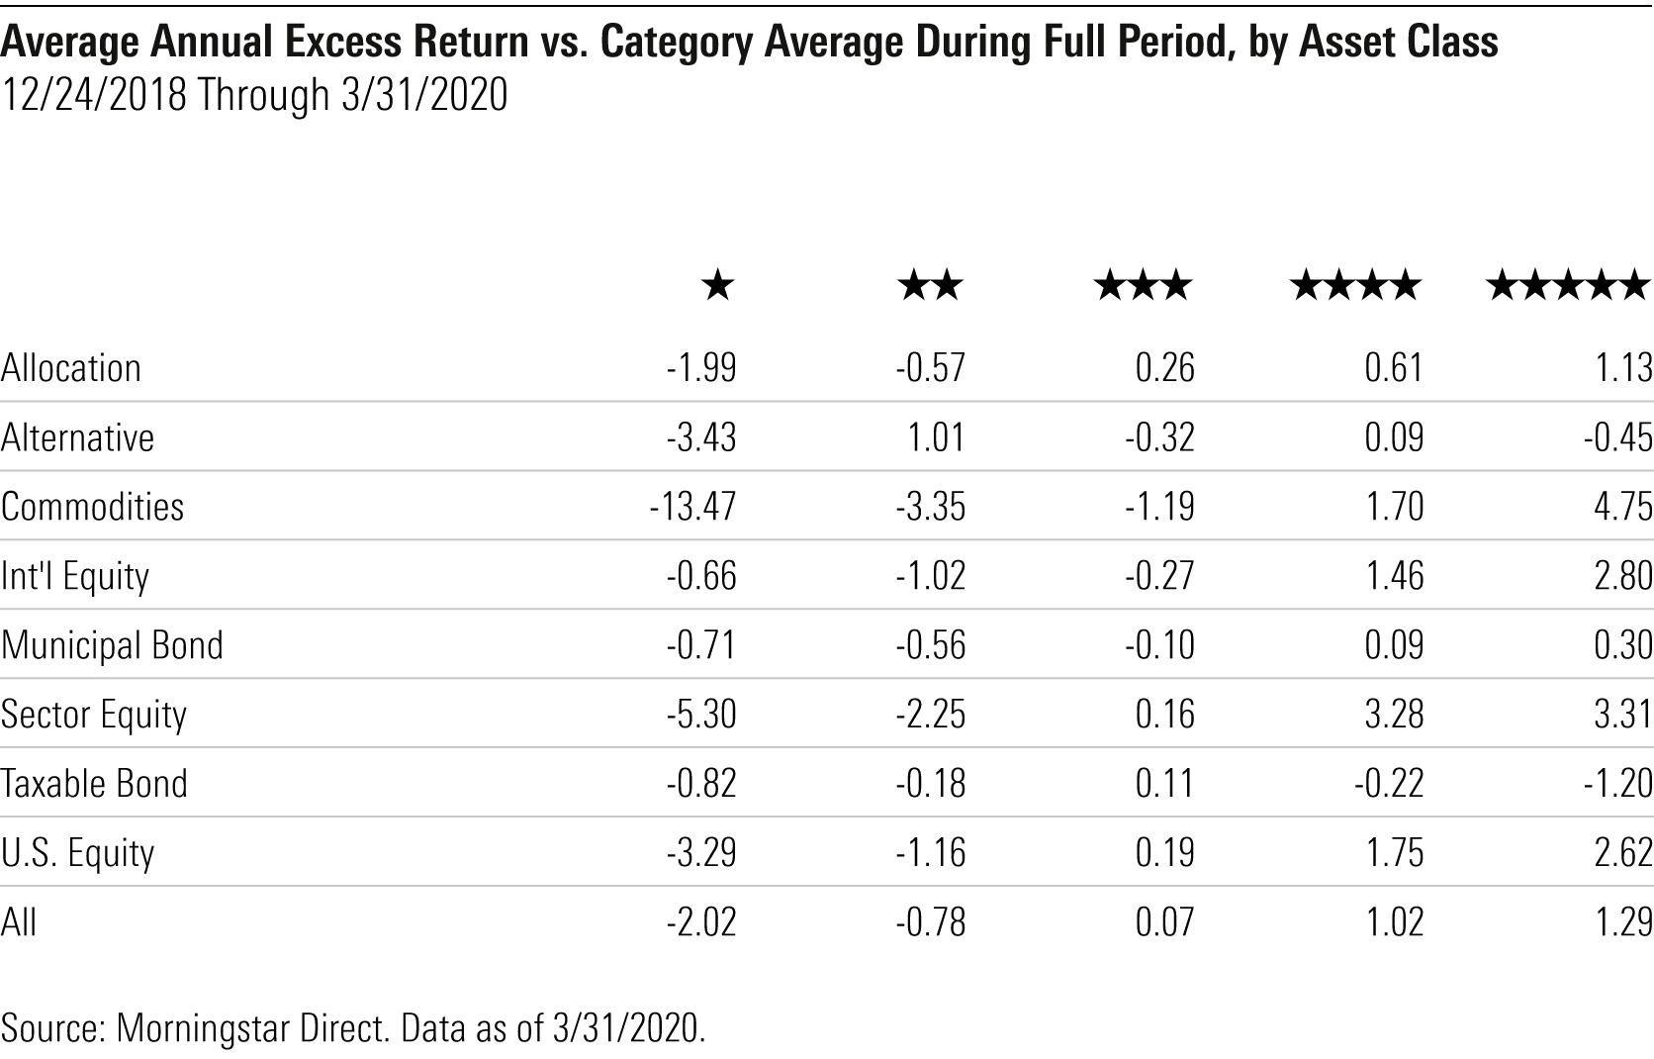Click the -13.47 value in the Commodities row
[693, 507]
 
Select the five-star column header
[1568, 287]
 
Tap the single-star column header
[717, 287]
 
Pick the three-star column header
[1143, 287]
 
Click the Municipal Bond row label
[112, 645]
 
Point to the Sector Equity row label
[94, 715]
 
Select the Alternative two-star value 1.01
[936, 437]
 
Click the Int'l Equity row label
[75, 576]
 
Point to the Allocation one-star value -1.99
[701, 368]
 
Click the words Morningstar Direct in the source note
[252, 1027]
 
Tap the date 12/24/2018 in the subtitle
[94, 96]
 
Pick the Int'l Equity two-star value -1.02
[931, 576]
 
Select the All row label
[19, 922]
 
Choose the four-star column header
[1355, 287]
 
